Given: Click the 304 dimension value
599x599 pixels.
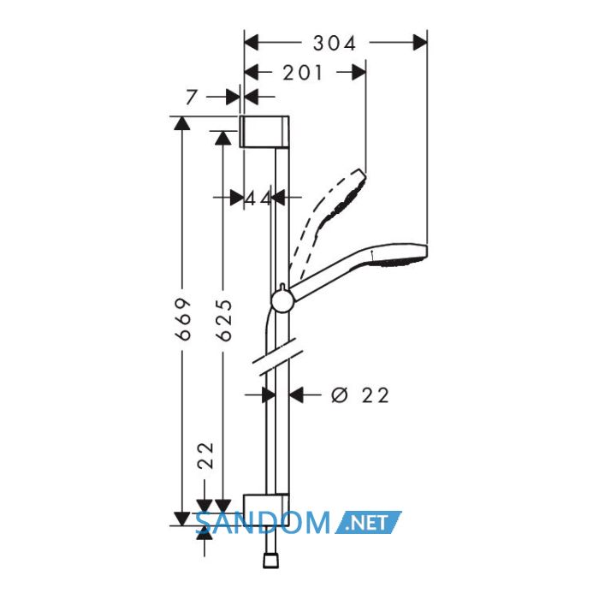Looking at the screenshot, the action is (x=335, y=43).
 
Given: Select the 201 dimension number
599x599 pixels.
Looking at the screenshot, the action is (x=303, y=73).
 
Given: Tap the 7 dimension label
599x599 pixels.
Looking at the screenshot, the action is (x=191, y=97).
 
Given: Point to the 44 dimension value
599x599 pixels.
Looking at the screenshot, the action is (x=258, y=198).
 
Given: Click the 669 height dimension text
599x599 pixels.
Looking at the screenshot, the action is (x=182, y=319).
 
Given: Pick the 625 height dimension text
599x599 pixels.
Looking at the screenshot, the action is (x=224, y=320).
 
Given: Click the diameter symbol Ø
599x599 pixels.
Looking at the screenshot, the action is (x=340, y=395).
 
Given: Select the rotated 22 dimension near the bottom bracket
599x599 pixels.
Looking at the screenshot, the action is (x=205, y=456).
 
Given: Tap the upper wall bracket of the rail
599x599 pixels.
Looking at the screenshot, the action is (x=264, y=131).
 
